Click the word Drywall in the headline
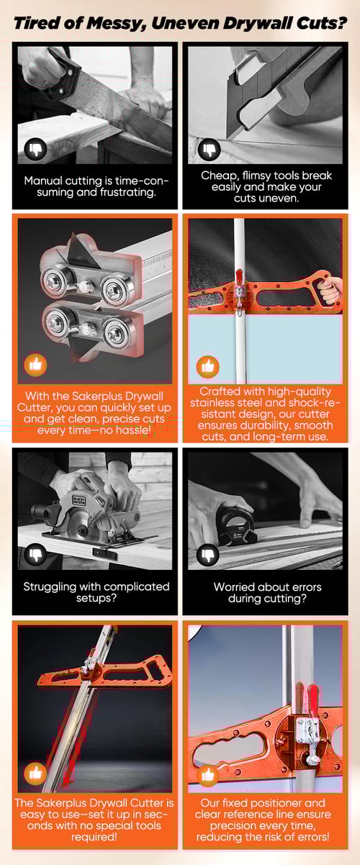coord(258,23)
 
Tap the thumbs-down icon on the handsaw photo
coord(35,149)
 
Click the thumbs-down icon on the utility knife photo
coord(209,150)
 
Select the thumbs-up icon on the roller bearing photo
coord(35,365)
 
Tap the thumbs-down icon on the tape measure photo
coord(208,556)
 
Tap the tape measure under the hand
coord(236,526)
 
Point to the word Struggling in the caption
coord(50,587)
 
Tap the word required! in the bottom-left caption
coord(94,837)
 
